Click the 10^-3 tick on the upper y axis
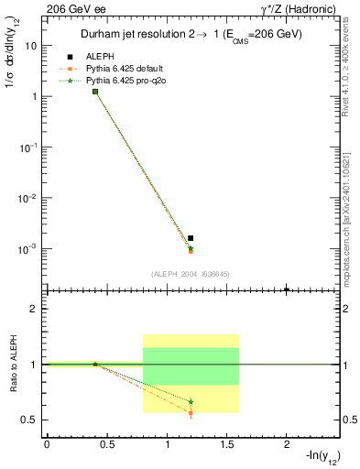(28, 249)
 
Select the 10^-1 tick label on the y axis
(28, 147)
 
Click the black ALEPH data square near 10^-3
(191, 238)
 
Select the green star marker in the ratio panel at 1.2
(191, 401)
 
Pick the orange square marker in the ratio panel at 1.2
(191, 413)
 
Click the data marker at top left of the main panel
(95, 92)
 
